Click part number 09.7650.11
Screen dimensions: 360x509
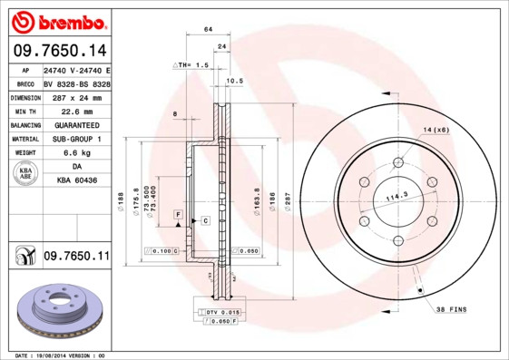(x=76, y=257)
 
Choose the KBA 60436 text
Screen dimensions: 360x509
(x=76, y=181)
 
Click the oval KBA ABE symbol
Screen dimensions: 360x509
(x=26, y=175)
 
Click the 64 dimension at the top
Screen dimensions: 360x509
(x=208, y=30)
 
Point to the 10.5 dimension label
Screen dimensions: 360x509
(x=235, y=81)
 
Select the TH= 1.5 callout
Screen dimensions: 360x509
(x=191, y=65)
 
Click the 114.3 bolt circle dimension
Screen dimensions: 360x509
(x=396, y=196)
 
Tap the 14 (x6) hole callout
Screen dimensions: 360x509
(x=436, y=131)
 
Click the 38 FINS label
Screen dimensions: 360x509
(x=451, y=309)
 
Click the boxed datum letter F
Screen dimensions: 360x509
(x=179, y=213)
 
